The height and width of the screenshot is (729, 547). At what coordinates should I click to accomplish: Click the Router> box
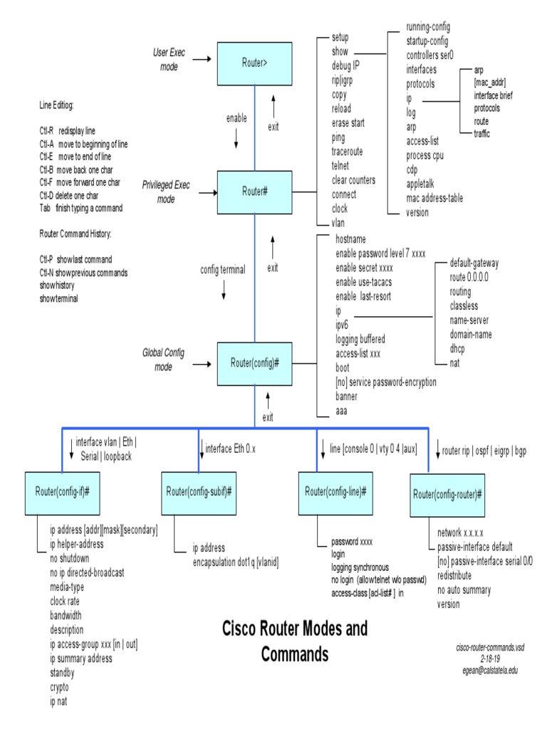point(255,63)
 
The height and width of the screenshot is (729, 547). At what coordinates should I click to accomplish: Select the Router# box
point(255,192)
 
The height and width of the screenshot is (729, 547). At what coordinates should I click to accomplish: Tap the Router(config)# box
point(255,363)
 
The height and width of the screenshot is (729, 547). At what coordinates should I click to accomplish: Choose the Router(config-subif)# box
point(200,492)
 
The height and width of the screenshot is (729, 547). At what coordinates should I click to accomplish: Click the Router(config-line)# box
point(336,492)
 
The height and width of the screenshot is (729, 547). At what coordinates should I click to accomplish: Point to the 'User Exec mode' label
point(168,60)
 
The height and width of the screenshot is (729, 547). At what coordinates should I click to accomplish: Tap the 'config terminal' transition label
point(223,270)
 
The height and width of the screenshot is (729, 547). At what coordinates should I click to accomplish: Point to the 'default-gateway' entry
point(474,263)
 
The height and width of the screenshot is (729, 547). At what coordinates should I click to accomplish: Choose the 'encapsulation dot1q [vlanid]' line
point(236,562)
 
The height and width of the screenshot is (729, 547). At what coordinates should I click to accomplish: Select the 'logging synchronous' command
point(360,567)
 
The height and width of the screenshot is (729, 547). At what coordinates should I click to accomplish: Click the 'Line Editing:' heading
point(56,105)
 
